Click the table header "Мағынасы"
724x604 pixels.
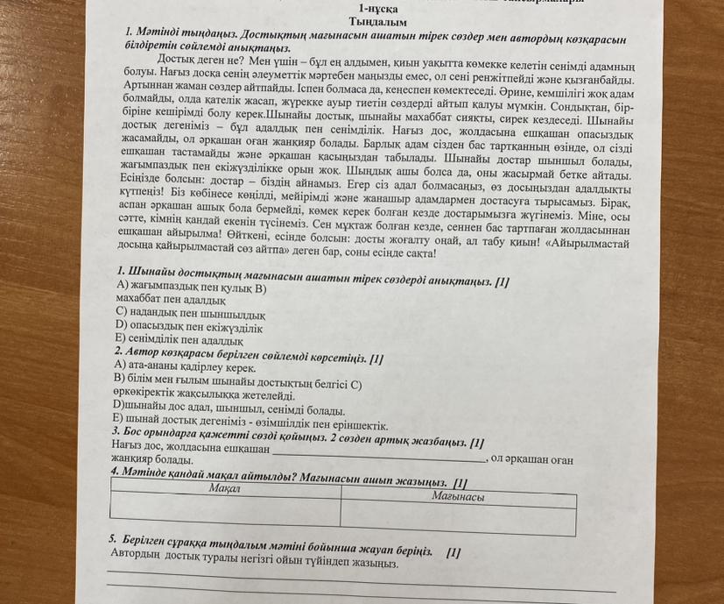point(459,496)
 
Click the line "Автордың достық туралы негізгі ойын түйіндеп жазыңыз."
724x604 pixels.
point(255,556)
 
